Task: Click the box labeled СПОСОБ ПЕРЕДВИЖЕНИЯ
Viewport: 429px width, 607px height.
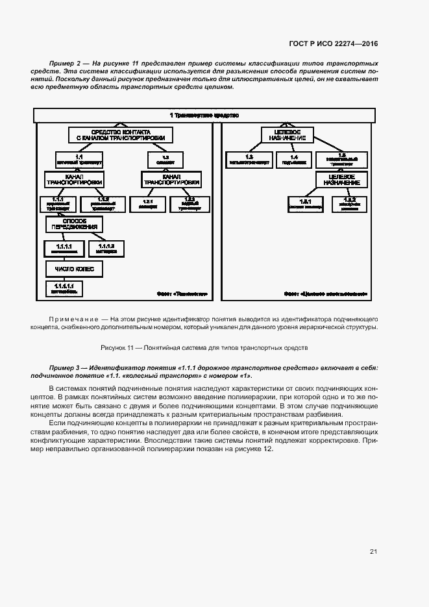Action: point(75,225)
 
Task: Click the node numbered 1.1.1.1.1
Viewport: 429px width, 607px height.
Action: point(64,288)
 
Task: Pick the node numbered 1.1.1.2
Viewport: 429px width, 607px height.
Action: point(106,249)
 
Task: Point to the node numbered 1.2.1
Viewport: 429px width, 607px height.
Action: point(147,203)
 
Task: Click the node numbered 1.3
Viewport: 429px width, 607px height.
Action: point(249,159)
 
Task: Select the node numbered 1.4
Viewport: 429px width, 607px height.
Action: point(294,159)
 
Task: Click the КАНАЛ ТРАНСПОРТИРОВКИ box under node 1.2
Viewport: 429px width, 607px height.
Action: point(171,179)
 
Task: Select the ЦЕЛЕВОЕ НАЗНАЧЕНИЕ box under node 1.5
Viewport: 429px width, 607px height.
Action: point(341,179)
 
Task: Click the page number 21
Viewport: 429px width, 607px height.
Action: point(373,552)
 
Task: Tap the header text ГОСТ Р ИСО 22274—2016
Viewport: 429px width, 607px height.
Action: point(333,43)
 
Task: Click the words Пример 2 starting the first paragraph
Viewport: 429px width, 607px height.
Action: point(63,62)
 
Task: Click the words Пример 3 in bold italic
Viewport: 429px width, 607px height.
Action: point(63,367)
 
